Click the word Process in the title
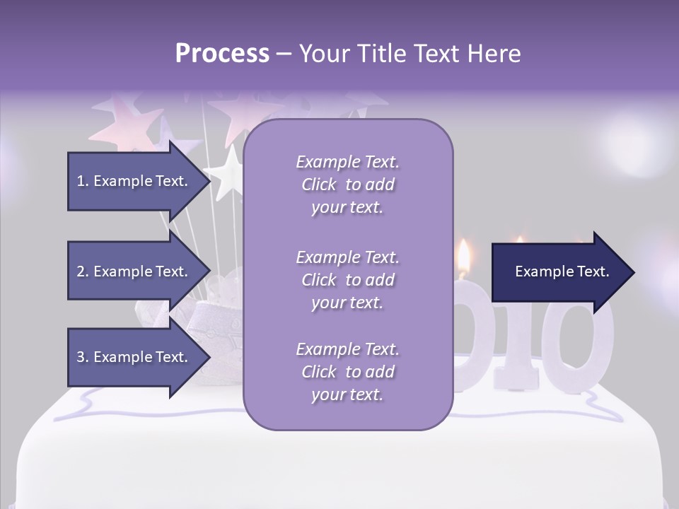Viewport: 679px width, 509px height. (x=222, y=54)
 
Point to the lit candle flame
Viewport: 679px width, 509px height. (x=464, y=258)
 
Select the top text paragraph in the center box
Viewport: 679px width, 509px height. (x=347, y=185)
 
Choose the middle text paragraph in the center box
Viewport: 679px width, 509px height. (x=347, y=280)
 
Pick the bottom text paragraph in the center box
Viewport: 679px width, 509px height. (x=347, y=372)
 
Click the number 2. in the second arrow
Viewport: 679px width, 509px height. (x=83, y=271)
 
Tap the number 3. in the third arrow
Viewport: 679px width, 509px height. (x=83, y=357)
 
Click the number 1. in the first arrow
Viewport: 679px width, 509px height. (x=83, y=181)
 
